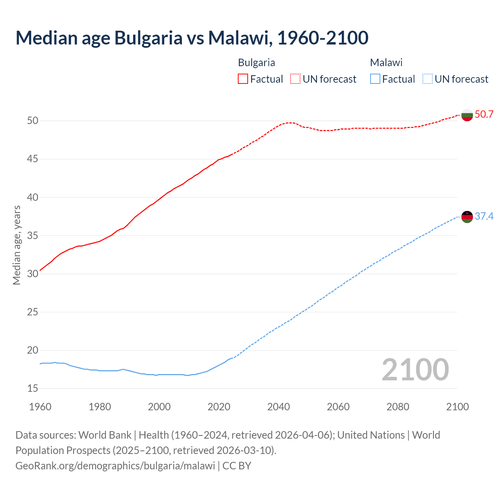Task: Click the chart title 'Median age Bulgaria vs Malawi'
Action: point(192,38)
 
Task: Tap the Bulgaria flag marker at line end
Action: point(467,115)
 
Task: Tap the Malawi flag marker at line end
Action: point(467,217)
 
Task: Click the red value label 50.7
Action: point(484,115)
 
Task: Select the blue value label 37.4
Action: point(484,216)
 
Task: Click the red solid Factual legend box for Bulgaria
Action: point(243,79)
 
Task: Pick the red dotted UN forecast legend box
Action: point(295,79)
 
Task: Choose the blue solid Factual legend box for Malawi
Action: point(375,79)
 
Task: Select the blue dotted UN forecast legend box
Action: point(427,79)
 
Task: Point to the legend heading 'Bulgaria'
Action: point(256,63)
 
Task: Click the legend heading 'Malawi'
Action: point(386,63)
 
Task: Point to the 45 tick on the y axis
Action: point(33,159)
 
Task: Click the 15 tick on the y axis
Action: point(33,389)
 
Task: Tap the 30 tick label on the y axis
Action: point(33,274)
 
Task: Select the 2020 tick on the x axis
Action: point(219,407)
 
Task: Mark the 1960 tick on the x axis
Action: point(40,407)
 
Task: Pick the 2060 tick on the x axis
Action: point(338,407)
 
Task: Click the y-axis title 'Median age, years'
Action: point(17,245)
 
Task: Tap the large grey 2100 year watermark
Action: point(415,370)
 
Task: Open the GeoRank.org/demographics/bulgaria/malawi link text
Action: point(115,465)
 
